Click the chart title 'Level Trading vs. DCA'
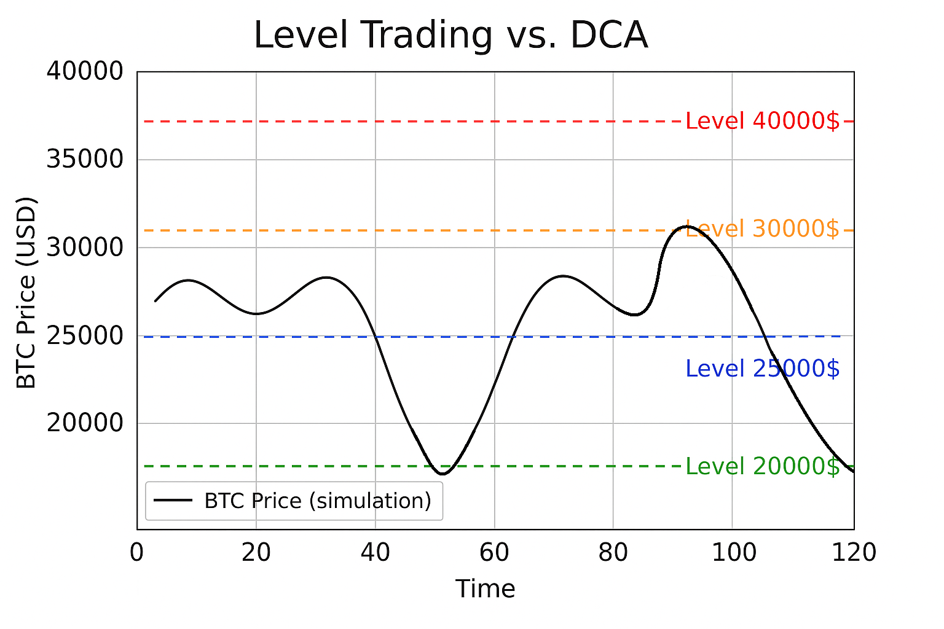tap(450, 36)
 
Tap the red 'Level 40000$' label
tap(762, 122)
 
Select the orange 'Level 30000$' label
tap(762, 229)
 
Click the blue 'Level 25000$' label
tap(762, 369)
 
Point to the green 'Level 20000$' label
tap(762, 467)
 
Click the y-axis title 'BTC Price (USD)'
tap(26, 293)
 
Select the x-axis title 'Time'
tap(485, 589)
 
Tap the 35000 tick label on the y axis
tap(85, 160)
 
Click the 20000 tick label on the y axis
tap(85, 423)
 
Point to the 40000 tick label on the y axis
tap(85, 72)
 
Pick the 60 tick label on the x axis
tap(494, 553)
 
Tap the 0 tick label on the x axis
tap(136, 553)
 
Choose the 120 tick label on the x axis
tap(853, 553)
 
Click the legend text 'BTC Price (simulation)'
tap(318, 501)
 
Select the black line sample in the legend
tap(173, 501)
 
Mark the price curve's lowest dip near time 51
tap(442, 474)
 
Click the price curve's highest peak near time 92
tap(687, 226)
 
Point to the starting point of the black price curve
tap(155, 301)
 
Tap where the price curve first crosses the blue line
tap(376, 337)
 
